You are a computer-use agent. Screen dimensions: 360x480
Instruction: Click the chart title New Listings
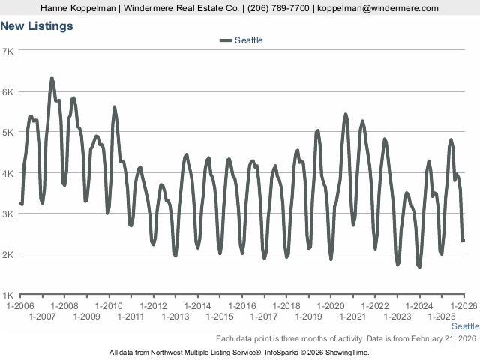[x=37, y=26]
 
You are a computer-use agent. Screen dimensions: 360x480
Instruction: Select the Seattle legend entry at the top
[x=248, y=40]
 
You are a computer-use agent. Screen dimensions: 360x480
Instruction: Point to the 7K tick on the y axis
[x=9, y=51]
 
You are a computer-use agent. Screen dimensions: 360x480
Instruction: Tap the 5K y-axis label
[x=9, y=133]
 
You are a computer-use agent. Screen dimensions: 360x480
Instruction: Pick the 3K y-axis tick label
[x=9, y=214]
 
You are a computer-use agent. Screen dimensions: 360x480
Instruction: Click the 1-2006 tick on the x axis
[x=20, y=306]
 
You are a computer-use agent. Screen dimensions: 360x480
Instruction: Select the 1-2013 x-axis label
[x=175, y=316]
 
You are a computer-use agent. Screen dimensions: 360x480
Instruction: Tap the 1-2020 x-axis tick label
[x=331, y=306]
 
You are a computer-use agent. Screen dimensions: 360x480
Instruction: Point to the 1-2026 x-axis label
[x=463, y=306]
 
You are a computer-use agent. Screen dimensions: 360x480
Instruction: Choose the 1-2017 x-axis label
[x=264, y=316]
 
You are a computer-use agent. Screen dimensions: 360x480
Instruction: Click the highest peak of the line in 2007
[x=52, y=78]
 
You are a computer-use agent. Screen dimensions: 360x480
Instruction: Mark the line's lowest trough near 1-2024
[x=419, y=267]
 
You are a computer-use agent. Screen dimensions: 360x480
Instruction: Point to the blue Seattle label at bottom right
[x=465, y=327]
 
